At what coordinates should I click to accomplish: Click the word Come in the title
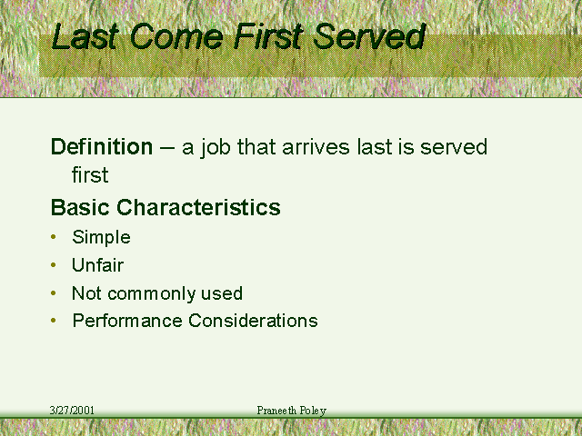(x=176, y=36)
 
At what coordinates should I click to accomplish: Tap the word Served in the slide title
(x=369, y=36)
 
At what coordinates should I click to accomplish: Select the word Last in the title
(x=85, y=36)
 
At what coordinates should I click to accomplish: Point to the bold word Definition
(x=102, y=146)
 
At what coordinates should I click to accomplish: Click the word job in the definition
(x=216, y=148)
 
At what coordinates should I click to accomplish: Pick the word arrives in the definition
(x=316, y=147)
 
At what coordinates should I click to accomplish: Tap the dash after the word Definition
(x=167, y=148)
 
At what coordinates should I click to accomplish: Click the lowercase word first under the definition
(x=90, y=174)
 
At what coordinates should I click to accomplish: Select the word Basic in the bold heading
(x=80, y=207)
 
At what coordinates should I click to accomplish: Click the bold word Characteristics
(x=198, y=207)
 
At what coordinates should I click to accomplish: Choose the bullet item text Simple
(x=101, y=237)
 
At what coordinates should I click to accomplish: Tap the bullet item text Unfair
(x=97, y=265)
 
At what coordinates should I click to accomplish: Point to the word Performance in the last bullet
(x=127, y=321)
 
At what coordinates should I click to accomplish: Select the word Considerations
(x=253, y=321)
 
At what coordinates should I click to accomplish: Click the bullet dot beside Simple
(x=54, y=237)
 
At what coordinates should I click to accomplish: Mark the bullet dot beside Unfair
(x=54, y=264)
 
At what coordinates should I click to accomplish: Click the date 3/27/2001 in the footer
(x=72, y=410)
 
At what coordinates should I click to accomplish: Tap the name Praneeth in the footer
(x=276, y=410)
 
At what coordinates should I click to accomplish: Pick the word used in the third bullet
(x=222, y=293)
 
